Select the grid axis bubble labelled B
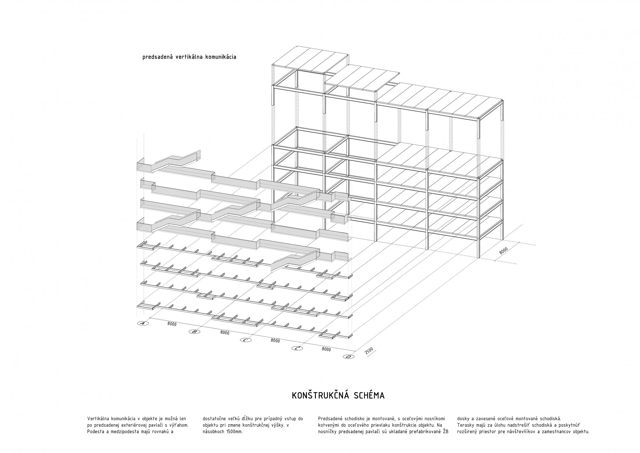[x=194, y=332]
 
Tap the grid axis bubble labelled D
[x=348, y=357]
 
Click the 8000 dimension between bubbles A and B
[x=172, y=324]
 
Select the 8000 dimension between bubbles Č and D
[x=326, y=349]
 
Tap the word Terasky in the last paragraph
[x=465, y=425]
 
